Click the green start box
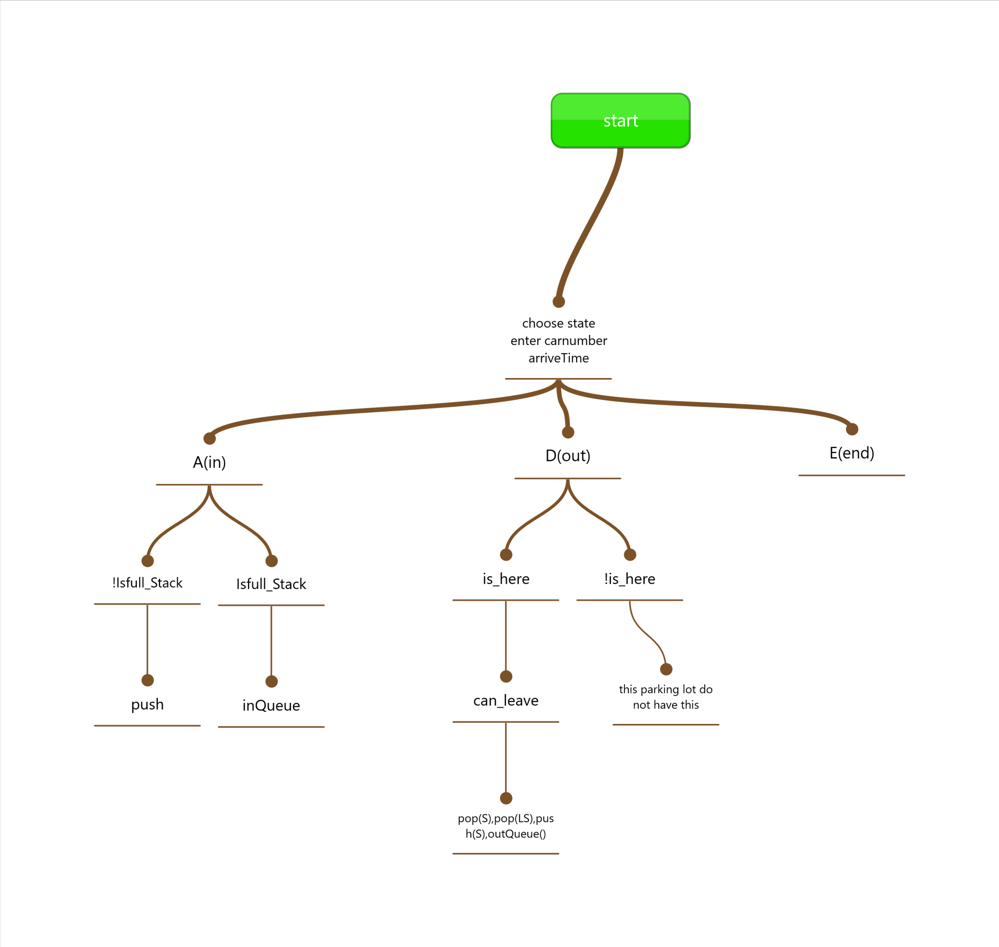[x=621, y=120]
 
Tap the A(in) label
[x=210, y=462]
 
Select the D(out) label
[x=568, y=456]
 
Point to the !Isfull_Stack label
[x=148, y=583]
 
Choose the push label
[x=148, y=705]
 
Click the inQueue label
[x=271, y=706]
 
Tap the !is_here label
[x=629, y=579]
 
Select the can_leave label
[x=506, y=701]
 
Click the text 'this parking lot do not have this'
[x=666, y=697]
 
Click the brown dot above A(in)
[x=210, y=438]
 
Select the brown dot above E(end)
[x=852, y=429]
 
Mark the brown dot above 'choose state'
[x=559, y=302]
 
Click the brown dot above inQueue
[x=272, y=681]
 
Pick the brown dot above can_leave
[x=506, y=676]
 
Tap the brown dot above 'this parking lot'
[x=666, y=669]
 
